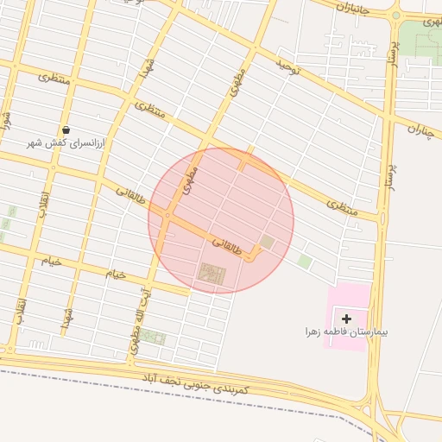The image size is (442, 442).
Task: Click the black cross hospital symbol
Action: (x=347, y=319)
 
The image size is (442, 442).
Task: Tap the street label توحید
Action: (x=287, y=66)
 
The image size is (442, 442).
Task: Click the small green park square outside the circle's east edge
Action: (x=305, y=260)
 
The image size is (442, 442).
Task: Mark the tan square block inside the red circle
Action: (x=267, y=243)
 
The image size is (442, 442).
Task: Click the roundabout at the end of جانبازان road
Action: (x=396, y=15)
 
